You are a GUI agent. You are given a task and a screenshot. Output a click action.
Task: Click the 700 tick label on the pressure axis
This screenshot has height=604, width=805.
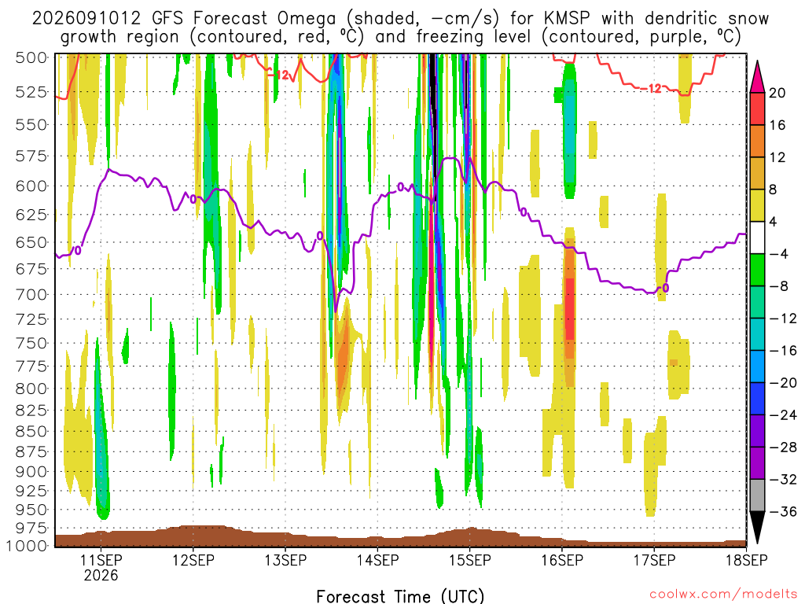(31, 295)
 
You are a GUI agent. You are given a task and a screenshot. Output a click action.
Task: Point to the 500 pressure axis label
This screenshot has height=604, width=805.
(31, 57)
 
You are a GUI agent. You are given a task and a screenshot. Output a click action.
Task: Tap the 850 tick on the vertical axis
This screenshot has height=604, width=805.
(31, 432)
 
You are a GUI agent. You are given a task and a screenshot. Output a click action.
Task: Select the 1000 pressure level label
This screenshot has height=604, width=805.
(27, 546)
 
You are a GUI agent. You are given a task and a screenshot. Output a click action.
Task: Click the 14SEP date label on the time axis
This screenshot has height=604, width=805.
(377, 560)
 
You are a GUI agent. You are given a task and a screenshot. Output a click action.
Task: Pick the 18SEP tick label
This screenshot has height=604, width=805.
(747, 560)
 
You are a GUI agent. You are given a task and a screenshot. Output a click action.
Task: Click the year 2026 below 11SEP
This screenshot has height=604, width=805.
(101, 575)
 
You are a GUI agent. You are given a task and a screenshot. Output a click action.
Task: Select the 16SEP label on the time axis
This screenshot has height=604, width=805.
(562, 560)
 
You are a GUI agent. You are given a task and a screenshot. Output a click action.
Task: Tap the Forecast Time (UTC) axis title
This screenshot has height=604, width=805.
(400, 596)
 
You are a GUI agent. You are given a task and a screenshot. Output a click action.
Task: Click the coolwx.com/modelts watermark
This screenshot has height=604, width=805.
(723, 595)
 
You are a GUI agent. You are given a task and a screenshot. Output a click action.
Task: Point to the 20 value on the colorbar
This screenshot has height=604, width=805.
(777, 93)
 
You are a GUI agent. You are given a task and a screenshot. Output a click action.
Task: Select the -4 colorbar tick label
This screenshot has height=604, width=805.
(779, 254)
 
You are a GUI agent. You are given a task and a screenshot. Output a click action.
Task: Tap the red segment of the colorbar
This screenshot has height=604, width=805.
(757, 109)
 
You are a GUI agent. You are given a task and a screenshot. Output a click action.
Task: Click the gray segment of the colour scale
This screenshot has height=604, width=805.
(757, 495)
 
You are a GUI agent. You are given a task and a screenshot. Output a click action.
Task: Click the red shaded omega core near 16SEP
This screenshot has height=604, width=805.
(569, 309)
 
